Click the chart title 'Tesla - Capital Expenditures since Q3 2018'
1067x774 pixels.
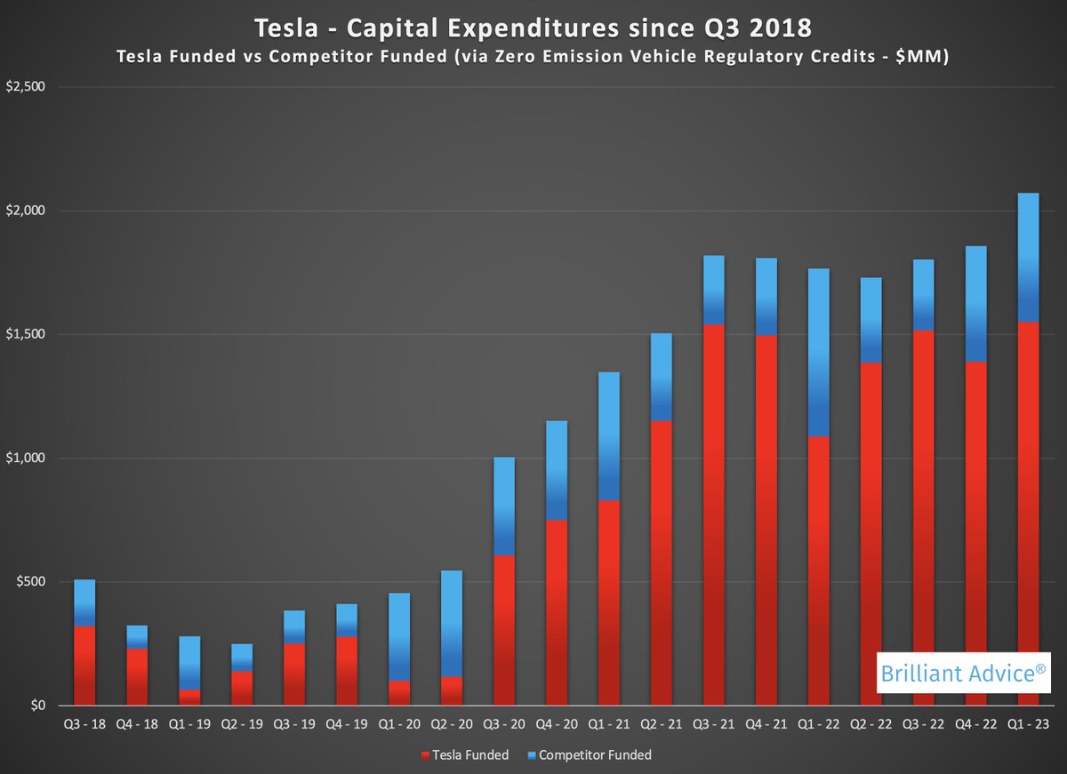tap(533, 28)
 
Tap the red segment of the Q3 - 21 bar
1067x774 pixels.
tap(713, 515)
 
